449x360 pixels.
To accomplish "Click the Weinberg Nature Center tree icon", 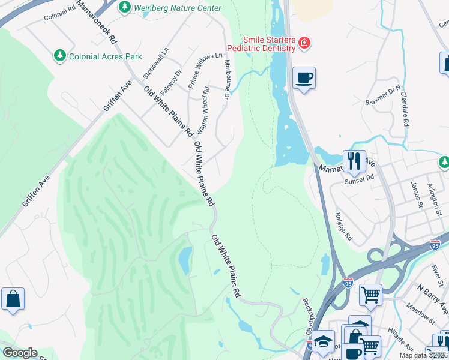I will (x=124, y=8).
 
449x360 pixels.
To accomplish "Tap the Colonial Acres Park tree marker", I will (x=60, y=56).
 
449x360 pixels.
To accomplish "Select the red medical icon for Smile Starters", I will (x=304, y=43).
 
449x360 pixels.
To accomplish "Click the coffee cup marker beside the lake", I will (x=304, y=78).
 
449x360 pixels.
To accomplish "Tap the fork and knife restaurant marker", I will (x=354, y=161).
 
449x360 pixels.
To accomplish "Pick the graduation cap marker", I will (x=324, y=341).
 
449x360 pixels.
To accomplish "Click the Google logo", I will (x=20, y=353).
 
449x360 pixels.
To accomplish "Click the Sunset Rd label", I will (x=359, y=178).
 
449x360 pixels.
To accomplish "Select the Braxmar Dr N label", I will (x=382, y=96).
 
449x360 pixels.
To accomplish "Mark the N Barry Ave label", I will (x=433, y=300).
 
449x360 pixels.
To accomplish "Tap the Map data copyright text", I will (x=423, y=355).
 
